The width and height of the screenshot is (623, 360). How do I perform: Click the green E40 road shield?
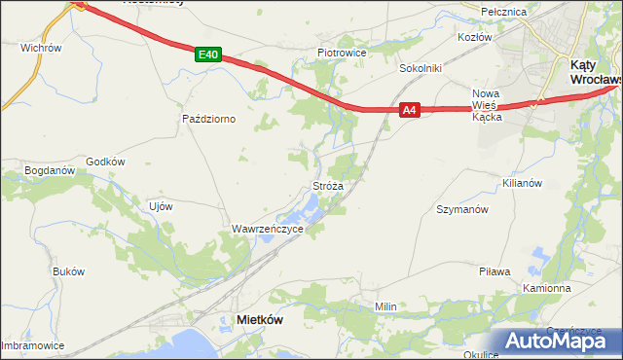point(205,54)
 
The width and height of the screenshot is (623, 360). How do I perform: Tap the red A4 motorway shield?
point(410,111)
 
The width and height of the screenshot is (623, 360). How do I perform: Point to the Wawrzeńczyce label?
point(268,229)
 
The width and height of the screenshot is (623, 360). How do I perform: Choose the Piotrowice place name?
point(341,52)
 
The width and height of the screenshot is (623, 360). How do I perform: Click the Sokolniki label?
point(421,69)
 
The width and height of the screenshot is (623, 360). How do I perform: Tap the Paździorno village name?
point(209,119)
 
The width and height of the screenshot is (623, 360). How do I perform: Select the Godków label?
point(106,162)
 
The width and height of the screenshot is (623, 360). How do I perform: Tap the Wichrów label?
point(41,47)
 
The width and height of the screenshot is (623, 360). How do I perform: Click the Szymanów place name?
point(461,209)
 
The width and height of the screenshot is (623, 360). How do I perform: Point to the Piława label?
point(495,271)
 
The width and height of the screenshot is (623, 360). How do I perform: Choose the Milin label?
point(386,306)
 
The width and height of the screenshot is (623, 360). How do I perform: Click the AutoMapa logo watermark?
point(560,341)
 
